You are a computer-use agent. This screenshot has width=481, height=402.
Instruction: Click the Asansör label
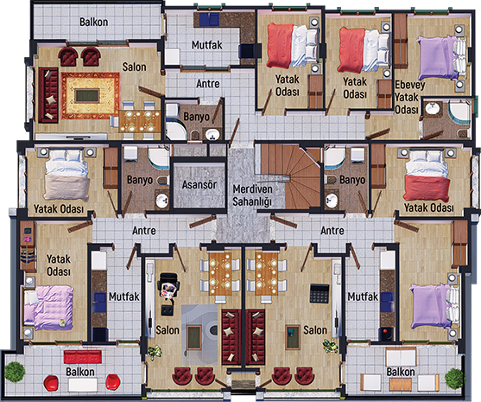click(199, 184)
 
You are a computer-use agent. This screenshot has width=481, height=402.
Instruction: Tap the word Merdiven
click(252, 189)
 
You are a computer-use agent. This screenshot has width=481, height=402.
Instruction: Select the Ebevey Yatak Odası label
click(410, 97)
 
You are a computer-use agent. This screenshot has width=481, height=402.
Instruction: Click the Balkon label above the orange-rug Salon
click(93, 22)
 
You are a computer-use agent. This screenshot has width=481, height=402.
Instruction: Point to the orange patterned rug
click(90, 96)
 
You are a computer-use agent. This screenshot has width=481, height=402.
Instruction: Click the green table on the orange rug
click(87, 95)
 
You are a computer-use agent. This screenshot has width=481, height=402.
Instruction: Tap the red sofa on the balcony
click(83, 357)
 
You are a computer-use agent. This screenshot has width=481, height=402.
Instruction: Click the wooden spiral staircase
click(290, 176)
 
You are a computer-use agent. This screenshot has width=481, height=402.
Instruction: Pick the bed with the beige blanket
click(66, 175)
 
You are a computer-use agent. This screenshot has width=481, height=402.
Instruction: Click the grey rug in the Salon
click(199, 334)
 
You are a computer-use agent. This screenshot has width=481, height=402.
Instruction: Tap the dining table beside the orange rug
click(140, 121)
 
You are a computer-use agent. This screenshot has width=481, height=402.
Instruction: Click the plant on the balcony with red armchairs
click(15, 372)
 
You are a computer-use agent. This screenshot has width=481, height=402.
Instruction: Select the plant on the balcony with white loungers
click(455, 378)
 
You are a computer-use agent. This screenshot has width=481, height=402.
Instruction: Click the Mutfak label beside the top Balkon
click(207, 45)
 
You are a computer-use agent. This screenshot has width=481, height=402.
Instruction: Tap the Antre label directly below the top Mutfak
click(208, 84)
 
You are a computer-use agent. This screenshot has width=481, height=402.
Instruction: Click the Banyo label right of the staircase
click(352, 180)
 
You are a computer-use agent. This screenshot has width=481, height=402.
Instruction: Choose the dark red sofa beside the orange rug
click(48, 95)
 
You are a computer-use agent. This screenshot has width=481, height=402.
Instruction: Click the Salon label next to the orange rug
click(135, 67)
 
